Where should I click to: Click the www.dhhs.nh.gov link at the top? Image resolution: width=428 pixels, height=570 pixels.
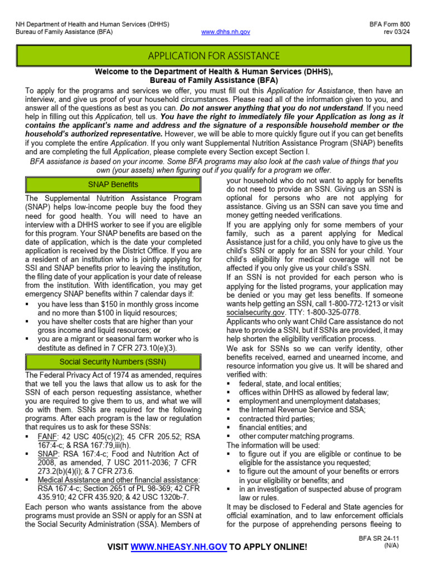[226, 32]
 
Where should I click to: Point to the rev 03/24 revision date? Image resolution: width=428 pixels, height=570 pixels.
[397, 32]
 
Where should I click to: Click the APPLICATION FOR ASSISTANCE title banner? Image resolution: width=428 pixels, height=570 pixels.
[213, 56]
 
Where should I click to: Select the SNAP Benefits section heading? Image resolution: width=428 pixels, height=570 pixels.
[113, 185]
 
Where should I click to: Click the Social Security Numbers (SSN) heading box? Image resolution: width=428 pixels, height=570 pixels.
[113, 361]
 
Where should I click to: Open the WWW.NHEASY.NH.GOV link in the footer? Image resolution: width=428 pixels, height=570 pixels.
[178, 548]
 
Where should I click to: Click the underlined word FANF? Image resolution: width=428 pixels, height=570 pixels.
[47, 437]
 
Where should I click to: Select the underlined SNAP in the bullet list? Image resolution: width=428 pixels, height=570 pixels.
[48, 454]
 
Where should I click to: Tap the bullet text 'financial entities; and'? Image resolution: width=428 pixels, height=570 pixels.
[273, 427]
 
